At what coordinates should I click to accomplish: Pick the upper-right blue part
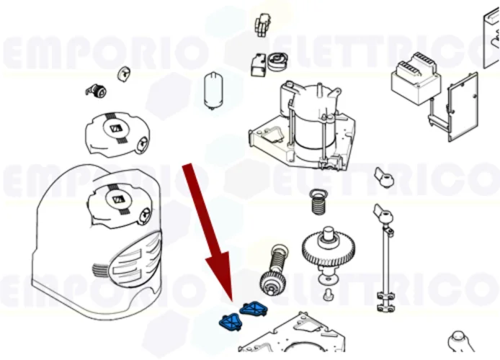[252, 309]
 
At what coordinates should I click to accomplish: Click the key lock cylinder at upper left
[94, 90]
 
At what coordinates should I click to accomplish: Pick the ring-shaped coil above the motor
[276, 63]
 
